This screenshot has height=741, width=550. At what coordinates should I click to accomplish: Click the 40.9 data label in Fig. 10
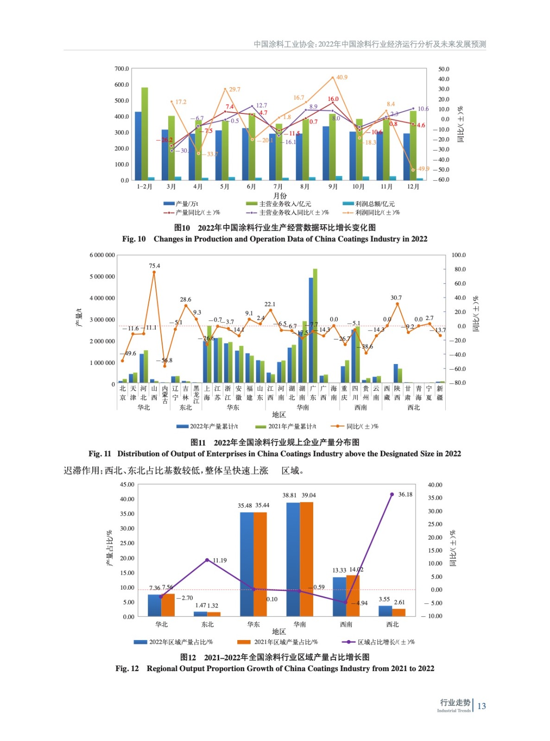(341, 77)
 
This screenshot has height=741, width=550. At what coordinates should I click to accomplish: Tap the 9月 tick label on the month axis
(333, 187)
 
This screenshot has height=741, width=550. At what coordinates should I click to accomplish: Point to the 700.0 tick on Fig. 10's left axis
(121, 69)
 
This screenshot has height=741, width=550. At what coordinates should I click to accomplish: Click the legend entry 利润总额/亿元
(374, 204)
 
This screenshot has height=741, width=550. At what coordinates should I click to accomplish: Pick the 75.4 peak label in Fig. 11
(154, 266)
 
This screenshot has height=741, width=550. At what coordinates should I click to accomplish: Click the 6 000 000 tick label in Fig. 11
(102, 255)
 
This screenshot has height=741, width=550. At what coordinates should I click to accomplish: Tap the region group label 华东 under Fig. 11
(233, 408)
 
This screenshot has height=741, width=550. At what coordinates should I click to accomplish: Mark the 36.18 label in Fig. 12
(405, 495)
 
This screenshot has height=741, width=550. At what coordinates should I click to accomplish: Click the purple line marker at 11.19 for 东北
(207, 560)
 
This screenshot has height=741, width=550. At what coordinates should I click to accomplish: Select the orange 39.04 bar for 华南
(306, 559)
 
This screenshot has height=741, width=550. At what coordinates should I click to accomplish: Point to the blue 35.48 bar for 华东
(247, 564)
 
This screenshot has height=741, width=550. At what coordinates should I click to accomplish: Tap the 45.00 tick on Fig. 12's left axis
(127, 484)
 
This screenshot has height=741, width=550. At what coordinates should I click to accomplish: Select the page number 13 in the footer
(481, 706)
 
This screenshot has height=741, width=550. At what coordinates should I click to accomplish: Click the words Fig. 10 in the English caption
(134, 239)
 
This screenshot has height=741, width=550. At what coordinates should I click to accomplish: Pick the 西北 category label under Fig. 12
(392, 624)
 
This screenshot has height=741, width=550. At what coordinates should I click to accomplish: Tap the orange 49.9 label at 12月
(423, 169)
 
